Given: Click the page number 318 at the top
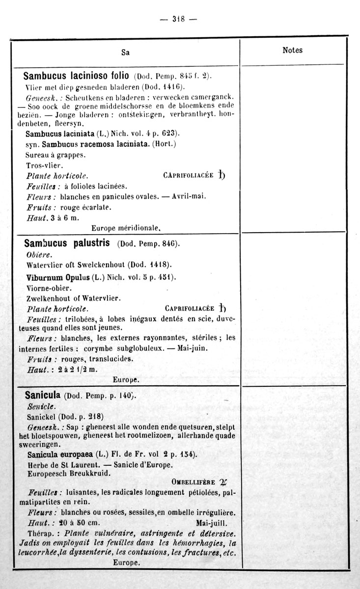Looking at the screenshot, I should pyautogui.click(x=178, y=19).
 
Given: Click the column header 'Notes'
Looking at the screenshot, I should pyautogui.click(x=293, y=50).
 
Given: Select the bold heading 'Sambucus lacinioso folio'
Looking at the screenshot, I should pyautogui.click(x=77, y=77).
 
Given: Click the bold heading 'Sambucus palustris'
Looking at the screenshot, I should pyautogui.click(x=69, y=243).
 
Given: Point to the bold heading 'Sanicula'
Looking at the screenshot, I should pyautogui.click(x=43, y=395).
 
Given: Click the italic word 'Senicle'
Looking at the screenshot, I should pyautogui.click(x=42, y=407).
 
